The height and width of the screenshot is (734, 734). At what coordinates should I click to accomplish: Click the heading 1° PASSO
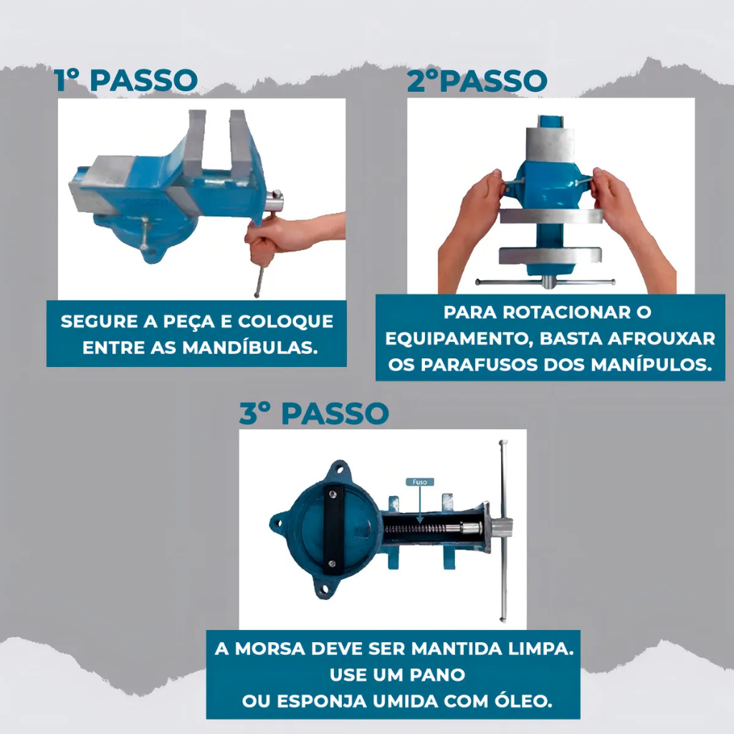[125, 80]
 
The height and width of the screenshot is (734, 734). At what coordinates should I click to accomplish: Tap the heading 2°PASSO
[477, 80]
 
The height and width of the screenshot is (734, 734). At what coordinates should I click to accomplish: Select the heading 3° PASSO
[314, 414]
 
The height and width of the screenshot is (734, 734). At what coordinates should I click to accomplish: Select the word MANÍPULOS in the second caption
[651, 365]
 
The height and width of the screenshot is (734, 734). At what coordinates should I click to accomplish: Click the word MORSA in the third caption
[270, 649]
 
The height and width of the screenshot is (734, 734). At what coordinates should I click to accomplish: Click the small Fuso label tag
[420, 482]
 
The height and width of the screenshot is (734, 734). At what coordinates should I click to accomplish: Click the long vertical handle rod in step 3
[503, 531]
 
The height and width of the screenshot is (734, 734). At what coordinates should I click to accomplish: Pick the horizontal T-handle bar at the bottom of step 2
[545, 282]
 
